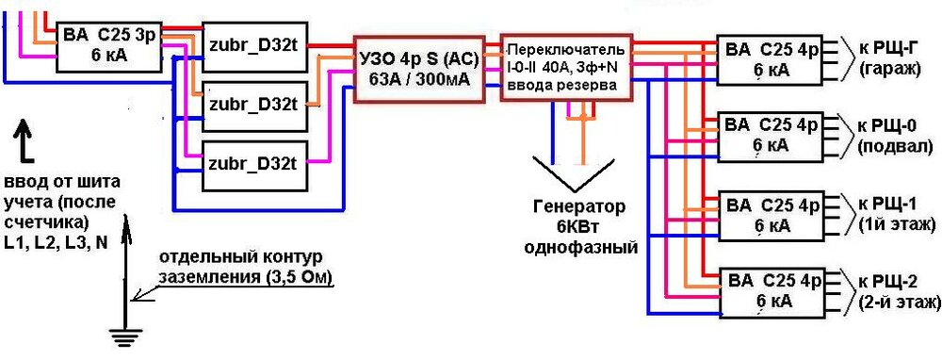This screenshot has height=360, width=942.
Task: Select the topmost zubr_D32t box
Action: click(x=253, y=45)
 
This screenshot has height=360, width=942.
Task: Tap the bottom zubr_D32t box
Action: click(x=253, y=161)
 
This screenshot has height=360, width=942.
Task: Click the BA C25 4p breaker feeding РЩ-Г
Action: click(x=770, y=58)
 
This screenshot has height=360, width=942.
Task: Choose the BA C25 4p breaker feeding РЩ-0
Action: click(x=770, y=136)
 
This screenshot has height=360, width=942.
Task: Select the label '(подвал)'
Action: click(x=896, y=146)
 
